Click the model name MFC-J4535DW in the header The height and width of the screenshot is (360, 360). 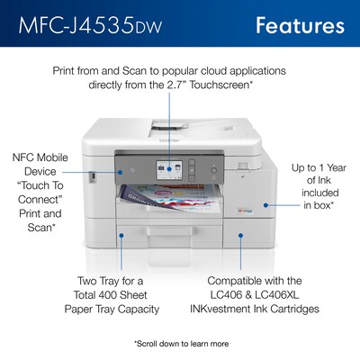point(90,25)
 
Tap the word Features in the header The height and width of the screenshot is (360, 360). point(300,25)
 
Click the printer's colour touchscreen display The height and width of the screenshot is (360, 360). point(169,170)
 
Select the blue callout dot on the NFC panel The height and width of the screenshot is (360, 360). point(121,172)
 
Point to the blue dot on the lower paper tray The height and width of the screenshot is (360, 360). point(121,236)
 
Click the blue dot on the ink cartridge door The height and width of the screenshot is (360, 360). point(240,236)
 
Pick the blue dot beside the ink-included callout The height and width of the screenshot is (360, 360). point(265,205)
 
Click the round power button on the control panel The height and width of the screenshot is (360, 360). point(213,170)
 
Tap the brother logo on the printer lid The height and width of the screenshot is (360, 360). point(169,140)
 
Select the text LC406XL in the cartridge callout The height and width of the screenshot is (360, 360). point(277,295)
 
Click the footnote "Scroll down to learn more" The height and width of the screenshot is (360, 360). point(181,344)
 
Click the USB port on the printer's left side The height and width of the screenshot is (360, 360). point(93,176)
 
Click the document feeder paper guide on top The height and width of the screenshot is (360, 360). point(170,125)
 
